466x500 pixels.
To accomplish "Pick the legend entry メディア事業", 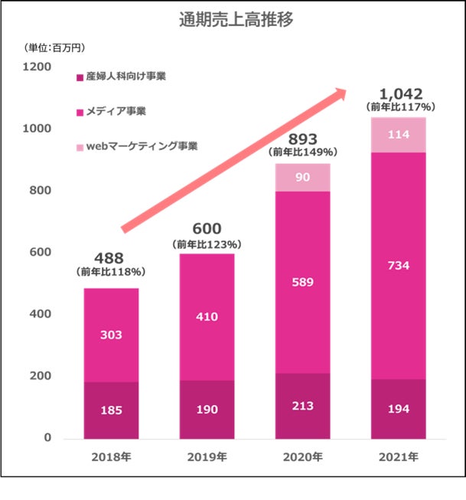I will point(115,111).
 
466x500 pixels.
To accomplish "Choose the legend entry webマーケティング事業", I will point(138,145).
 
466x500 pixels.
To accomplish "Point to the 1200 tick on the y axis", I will point(38,67).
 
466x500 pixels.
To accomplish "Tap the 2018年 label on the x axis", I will point(110,457).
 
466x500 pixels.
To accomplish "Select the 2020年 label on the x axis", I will point(302,457).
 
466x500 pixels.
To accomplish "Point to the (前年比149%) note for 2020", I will point(302,152).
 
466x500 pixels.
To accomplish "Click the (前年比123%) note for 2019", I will point(207,244).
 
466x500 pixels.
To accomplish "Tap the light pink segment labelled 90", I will point(302,178).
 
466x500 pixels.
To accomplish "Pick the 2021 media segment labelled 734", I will point(399,266).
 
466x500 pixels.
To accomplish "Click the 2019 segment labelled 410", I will point(207,316).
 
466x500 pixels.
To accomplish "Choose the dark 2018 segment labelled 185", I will point(110,410).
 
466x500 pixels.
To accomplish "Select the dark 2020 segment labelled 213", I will point(302,406).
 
